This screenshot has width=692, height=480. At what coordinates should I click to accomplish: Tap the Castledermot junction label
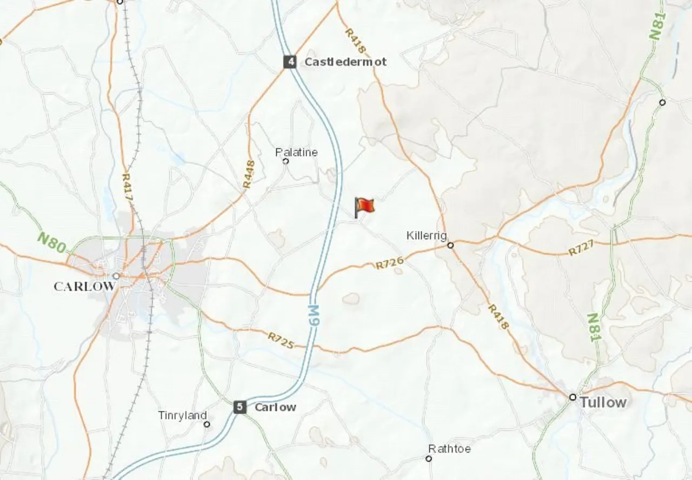point(345,62)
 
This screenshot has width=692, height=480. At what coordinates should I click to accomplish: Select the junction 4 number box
point(291,62)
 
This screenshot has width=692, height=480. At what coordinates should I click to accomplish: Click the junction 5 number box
point(240,407)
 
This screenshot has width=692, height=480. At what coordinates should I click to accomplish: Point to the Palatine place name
point(296,152)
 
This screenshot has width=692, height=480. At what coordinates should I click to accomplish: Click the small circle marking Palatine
point(286,161)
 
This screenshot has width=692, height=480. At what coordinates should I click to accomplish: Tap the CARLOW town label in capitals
point(84,286)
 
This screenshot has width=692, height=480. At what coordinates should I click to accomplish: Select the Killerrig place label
point(427,235)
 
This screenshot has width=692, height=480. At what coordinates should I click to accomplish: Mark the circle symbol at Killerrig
point(450,245)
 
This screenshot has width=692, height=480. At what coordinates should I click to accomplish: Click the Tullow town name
point(603,402)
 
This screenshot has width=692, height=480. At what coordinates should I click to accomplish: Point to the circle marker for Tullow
point(573,397)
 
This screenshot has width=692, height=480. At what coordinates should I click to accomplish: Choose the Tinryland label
point(182,415)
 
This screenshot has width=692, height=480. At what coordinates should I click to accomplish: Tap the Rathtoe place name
point(449,449)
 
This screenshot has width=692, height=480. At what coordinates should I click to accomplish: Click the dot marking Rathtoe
point(429,458)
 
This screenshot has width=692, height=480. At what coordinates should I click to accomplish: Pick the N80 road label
point(52,242)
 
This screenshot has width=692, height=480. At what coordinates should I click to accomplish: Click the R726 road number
point(389,263)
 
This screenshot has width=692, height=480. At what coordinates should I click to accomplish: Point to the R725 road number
point(281,340)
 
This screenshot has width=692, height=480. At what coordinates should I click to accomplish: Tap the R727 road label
point(581,247)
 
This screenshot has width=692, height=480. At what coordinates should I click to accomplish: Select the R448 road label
point(248,174)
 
